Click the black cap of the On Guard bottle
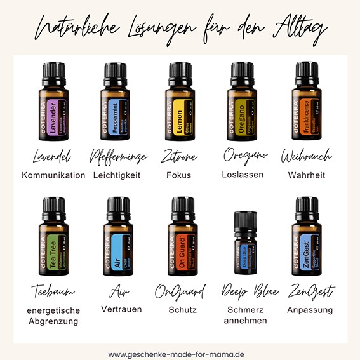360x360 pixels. [x=180, y=207]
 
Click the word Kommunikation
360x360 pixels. [x=53, y=175]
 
